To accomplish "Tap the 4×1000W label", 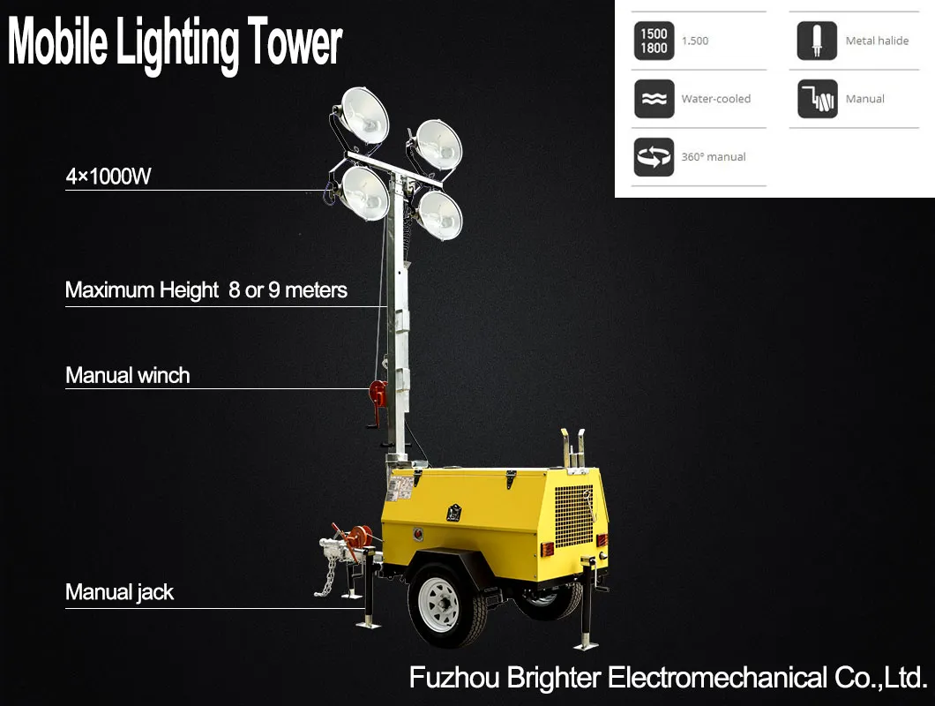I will (108, 176).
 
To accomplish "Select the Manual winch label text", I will (128, 376).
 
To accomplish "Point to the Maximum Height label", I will (206, 290).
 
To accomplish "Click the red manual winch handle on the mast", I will (378, 394).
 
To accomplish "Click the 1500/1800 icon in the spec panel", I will (654, 41).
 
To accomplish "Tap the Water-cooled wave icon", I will (654, 99).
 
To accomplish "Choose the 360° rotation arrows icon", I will (654, 157).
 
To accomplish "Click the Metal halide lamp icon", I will (817, 41).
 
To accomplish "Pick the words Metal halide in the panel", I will (877, 41).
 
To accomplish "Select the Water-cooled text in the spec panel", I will (715, 99).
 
